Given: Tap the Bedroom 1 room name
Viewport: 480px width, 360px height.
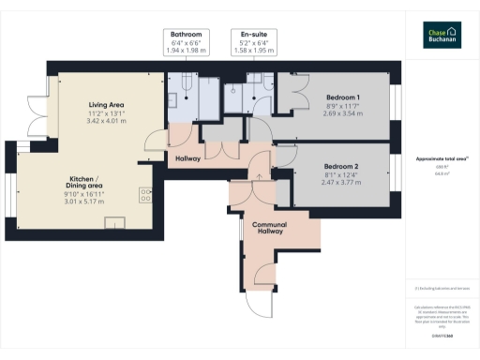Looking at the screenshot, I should pyautogui.click(x=343, y=97).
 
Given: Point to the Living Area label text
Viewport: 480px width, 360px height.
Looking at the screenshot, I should pyautogui.click(x=107, y=104).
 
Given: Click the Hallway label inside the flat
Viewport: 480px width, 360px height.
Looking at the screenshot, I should pyautogui.click(x=188, y=158).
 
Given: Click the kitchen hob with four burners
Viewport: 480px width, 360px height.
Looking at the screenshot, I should pyautogui.click(x=146, y=194).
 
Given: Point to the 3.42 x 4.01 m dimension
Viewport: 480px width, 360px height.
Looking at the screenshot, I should pyautogui.click(x=107, y=121).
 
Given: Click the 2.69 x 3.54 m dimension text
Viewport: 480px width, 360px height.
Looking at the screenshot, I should pyautogui.click(x=343, y=113).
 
